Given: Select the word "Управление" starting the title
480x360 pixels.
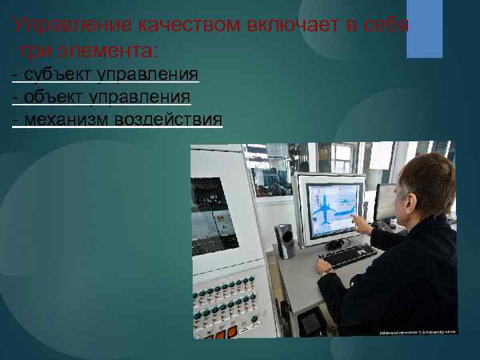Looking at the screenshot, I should [x=73, y=26].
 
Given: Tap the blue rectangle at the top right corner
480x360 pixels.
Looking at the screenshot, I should [x=425, y=28].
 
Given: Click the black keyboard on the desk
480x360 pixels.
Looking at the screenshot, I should [x=351, y=255].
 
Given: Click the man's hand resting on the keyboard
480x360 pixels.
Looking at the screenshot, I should [x=324, y=266].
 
